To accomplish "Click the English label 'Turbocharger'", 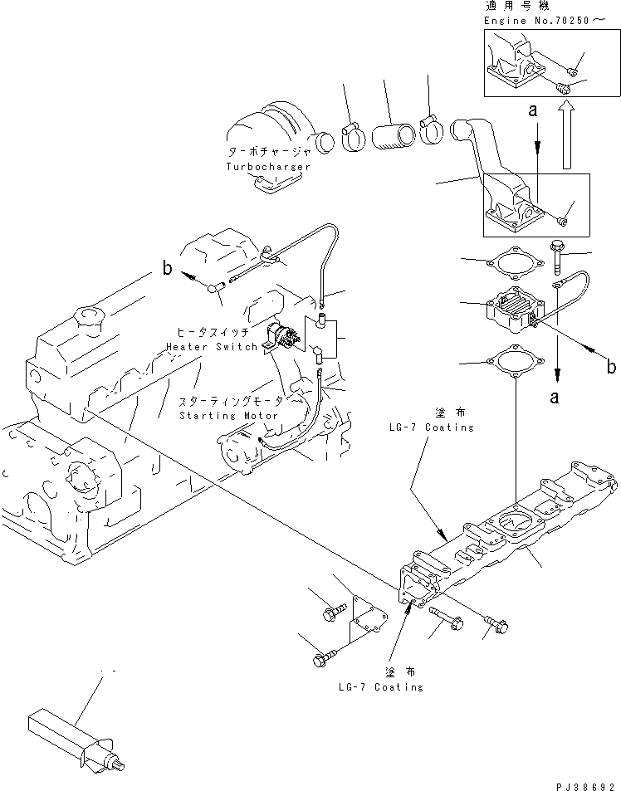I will [x=268, y=167].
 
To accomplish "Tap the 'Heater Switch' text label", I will [x=211, y=346].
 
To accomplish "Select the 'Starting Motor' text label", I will [x=228, y=414].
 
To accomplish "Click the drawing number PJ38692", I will [x=586, y=784].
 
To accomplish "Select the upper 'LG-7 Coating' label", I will [x=429, y=427].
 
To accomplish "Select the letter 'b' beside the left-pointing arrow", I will [x=166, y=269].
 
